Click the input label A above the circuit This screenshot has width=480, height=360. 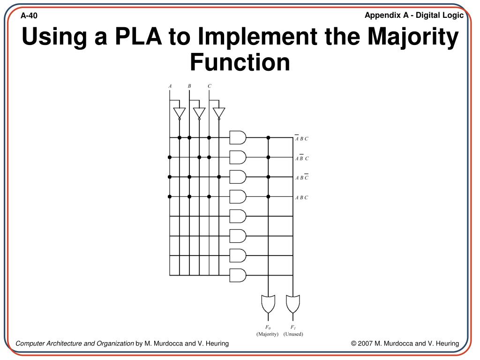click(170, 86)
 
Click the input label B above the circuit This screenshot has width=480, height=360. click(189, 86)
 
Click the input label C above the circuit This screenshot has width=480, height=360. click(209, 86)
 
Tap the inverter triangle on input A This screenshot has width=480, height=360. click(179, 113)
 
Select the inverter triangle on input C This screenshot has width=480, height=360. click(218, 113)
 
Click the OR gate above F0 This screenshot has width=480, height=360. click(268, 304)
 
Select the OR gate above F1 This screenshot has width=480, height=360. click(293, 304)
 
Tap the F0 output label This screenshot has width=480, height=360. click(268, 327)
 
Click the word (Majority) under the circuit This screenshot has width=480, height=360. click(267, 334)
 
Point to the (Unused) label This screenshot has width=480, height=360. click(293, 334)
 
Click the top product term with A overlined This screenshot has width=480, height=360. click(301, 139)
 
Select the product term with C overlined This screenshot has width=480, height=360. click(301, 178)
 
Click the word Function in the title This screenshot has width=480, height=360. click(240, 62)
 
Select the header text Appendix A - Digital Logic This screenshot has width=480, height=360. click(414, 15)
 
